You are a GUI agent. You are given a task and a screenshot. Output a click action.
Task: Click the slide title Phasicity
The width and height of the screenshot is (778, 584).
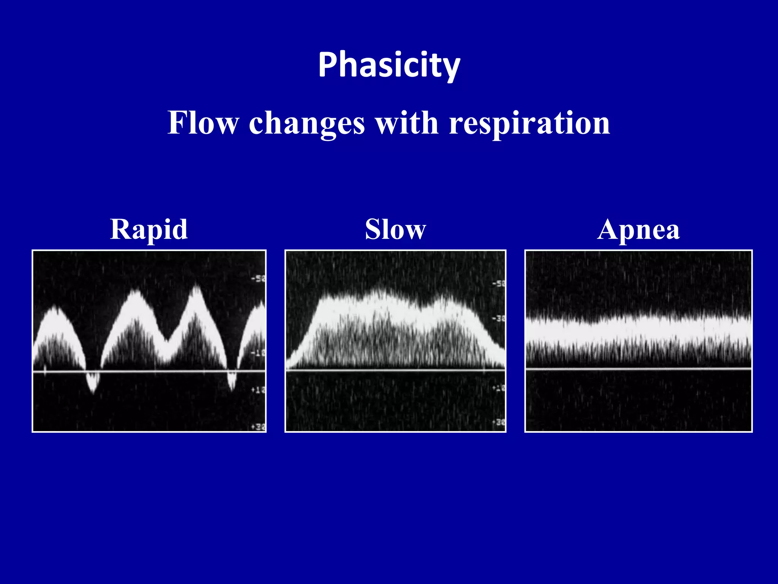point(389,65)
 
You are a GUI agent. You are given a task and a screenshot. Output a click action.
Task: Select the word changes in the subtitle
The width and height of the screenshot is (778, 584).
point(307,124)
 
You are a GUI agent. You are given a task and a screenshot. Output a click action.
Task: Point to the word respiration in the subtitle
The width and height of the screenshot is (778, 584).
point(529,124)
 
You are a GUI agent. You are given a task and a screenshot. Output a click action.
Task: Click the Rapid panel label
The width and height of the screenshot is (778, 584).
point(149,230)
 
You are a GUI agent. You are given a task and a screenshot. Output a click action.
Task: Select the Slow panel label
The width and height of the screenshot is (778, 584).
point(395,230)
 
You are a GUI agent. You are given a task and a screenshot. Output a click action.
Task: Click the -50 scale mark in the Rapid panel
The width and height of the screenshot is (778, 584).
point(258,279)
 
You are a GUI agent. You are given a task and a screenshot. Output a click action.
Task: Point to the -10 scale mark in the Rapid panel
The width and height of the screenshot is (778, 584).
point(258,353)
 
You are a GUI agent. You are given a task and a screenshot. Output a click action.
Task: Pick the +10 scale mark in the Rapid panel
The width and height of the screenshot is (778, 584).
point(258,390)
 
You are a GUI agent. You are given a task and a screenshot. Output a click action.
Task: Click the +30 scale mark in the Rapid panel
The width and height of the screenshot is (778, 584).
point(258,427)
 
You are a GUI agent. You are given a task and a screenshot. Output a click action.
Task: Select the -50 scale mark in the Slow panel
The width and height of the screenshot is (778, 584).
point(498,284)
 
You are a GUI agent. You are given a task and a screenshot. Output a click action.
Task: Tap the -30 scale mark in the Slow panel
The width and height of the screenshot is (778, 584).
point(498,318)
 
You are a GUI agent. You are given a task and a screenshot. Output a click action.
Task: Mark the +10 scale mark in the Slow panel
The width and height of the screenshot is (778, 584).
point(498,388)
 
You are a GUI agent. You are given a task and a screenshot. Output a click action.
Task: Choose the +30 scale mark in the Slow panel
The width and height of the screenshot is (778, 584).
point(498,422)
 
